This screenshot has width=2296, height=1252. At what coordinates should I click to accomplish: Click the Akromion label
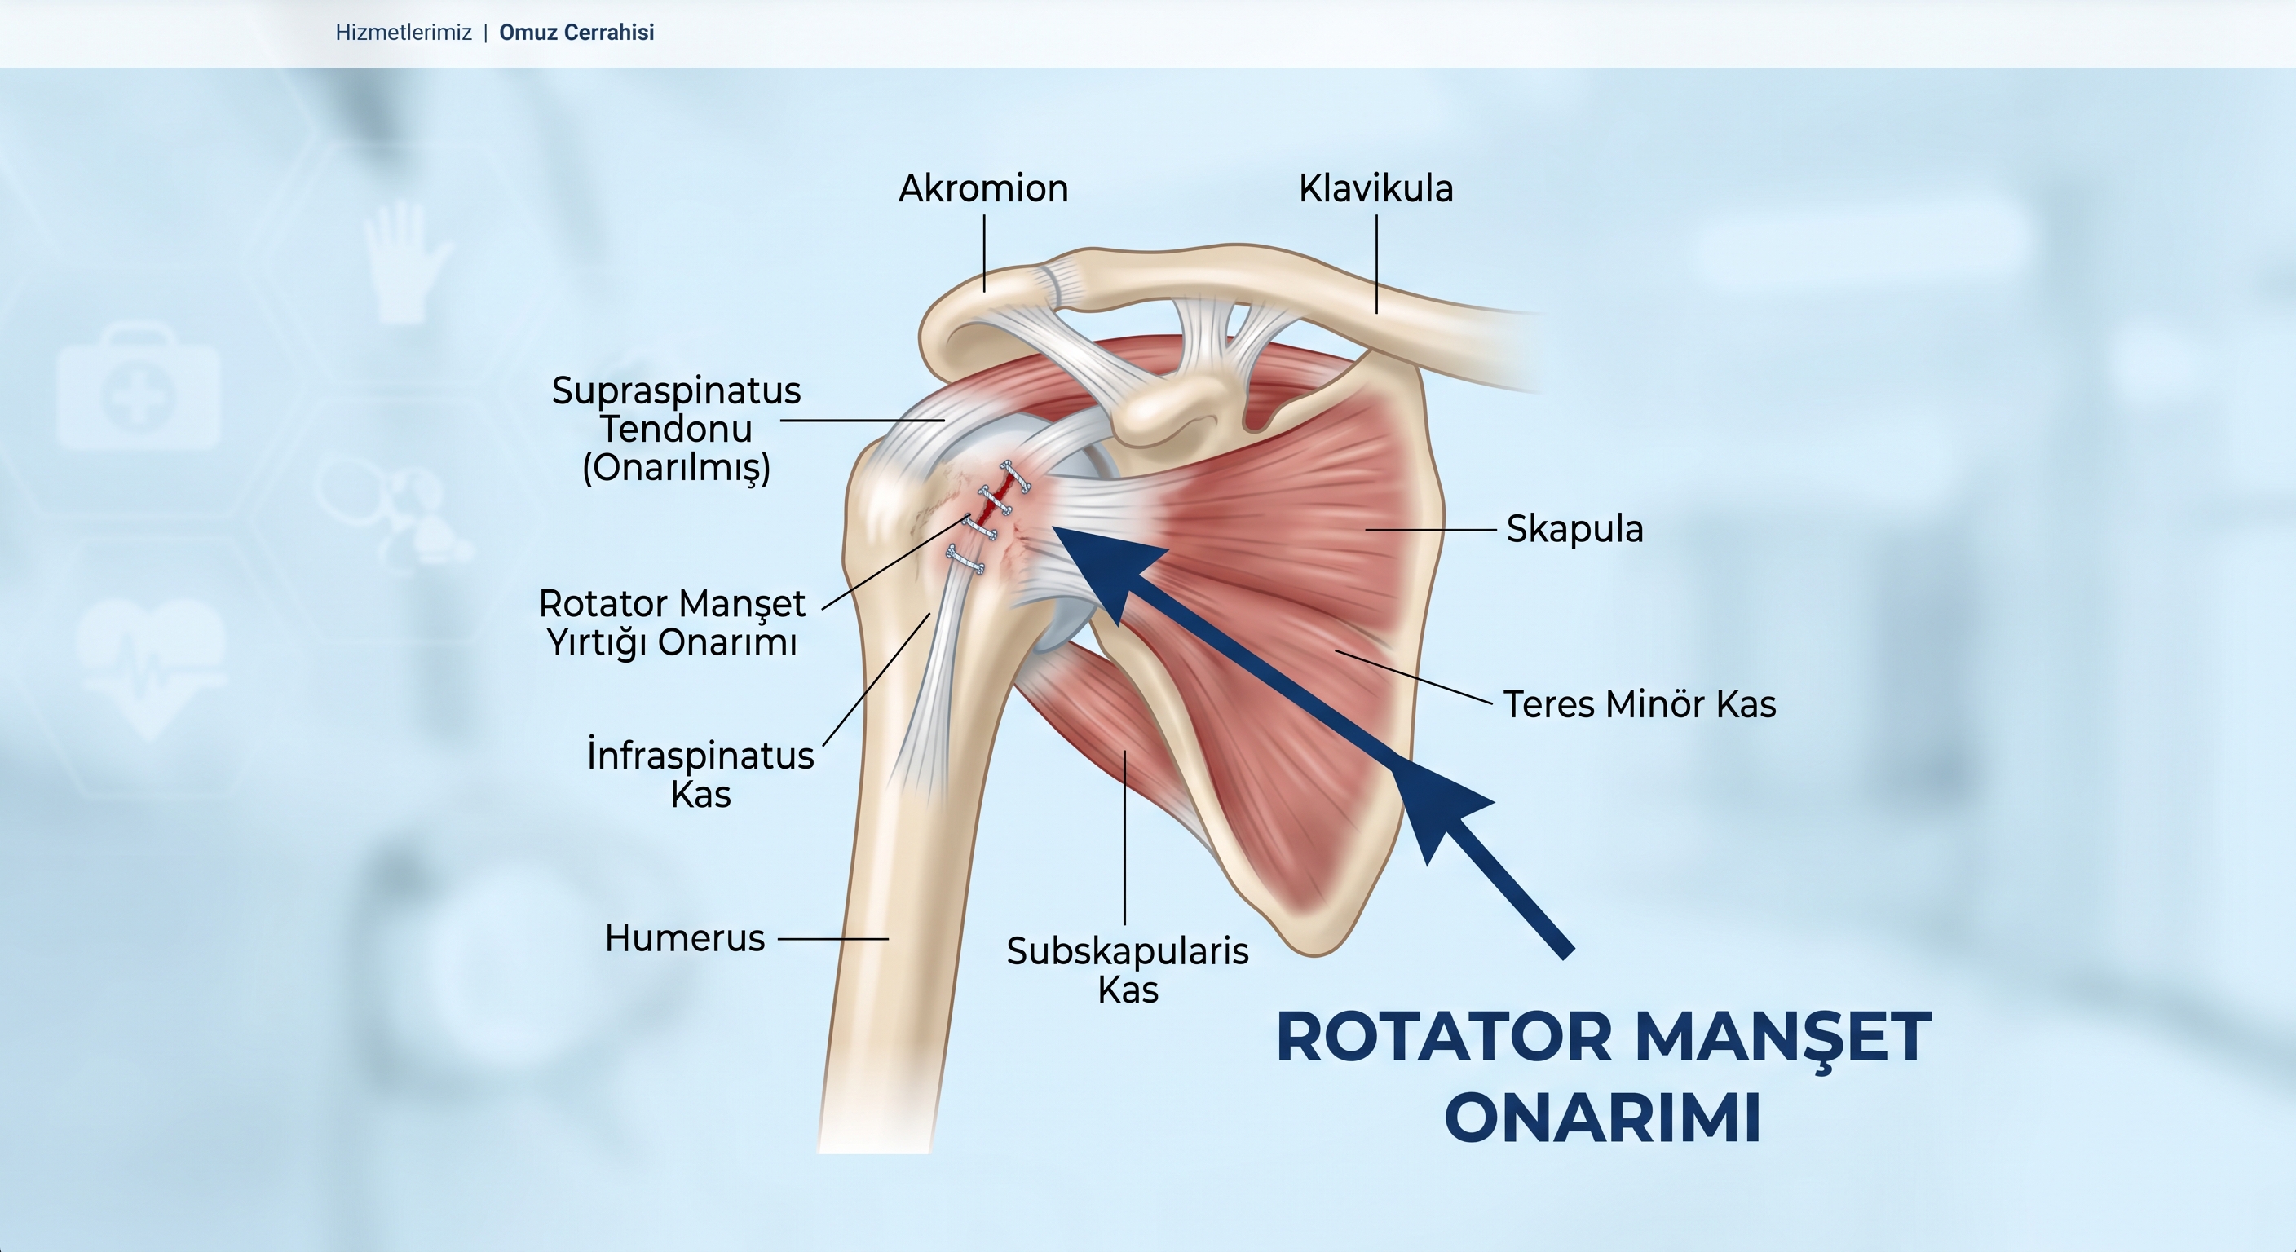click(983, 189)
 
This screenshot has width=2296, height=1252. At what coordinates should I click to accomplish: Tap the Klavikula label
click(1375, 189)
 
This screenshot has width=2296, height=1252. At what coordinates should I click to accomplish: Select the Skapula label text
click(1574, 529)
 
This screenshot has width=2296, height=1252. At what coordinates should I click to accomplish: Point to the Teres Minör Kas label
click(1640, 705)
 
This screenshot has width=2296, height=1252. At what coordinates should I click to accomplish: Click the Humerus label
click(685, 938)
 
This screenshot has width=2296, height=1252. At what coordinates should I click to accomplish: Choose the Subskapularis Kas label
click(1128, 971)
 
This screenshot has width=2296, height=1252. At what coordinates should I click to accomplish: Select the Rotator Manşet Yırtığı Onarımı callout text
click(672, 623)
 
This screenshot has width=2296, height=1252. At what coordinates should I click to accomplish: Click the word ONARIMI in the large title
click(1603, 1118)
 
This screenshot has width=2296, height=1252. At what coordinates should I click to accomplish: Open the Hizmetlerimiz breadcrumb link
click(404, 33)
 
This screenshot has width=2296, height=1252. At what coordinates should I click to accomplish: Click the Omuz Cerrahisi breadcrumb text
click(576, 33)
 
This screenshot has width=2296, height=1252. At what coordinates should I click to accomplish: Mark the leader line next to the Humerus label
click(833, 938)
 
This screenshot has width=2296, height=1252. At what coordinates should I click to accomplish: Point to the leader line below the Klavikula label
click(1376, 264)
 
